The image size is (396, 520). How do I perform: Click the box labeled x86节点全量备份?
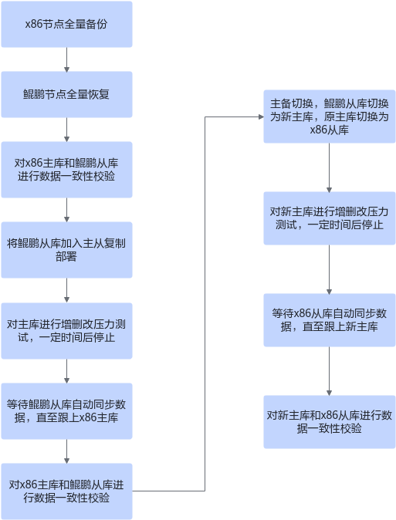(66, 24)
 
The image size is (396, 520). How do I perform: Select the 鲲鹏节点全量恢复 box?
(66, 95)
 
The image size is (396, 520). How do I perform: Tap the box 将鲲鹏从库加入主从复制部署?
(66, 250)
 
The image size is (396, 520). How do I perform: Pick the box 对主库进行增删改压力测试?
(66, 331)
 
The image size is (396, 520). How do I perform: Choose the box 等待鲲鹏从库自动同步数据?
(66, 411)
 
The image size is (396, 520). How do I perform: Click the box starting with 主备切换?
(330, 116)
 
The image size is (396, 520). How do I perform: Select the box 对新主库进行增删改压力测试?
(330, 218)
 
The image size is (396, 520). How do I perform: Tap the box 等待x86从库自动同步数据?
(330, 320)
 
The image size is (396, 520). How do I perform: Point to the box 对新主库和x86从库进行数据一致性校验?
(330, 422)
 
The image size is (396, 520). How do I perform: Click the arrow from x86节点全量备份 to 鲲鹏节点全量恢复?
(66, 59)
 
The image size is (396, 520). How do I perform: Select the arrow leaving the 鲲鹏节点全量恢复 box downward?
(66, 130)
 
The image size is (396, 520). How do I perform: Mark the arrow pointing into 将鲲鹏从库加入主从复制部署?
(66, 210)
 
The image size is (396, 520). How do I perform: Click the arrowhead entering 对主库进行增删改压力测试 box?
(66, 300)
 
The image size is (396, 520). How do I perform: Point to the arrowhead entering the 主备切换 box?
(261, 116)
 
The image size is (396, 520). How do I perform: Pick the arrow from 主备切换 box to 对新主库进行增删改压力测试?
(330, 167)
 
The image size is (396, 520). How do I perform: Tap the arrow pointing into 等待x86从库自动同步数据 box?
(330, 269)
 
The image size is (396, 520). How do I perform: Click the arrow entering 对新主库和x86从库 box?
(330, 371)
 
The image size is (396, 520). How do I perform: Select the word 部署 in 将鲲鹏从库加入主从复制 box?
(66, 257)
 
